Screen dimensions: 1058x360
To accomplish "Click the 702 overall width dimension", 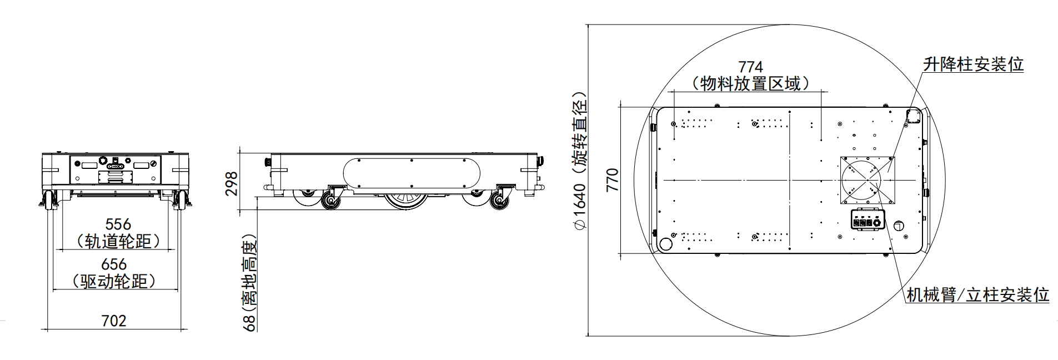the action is pos(114,321).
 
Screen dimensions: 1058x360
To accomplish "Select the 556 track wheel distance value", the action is pos(118,224).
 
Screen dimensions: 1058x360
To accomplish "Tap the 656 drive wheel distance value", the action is pos(114,264).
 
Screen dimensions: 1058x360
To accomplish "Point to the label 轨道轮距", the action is pos(118,241).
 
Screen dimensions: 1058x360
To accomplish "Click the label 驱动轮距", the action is pos(114,281).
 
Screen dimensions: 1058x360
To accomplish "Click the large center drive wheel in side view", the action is pos(407,201).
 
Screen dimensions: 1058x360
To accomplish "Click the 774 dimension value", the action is pos(750,68).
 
